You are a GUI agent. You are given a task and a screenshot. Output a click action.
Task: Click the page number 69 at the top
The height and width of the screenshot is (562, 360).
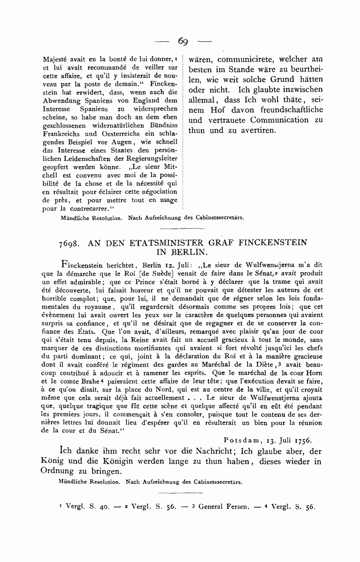pos(183,41)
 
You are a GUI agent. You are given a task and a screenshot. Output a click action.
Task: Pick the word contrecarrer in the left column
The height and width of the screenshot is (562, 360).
pos(89,209)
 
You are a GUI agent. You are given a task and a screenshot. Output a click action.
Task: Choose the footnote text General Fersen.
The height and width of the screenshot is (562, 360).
pos(223,506)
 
